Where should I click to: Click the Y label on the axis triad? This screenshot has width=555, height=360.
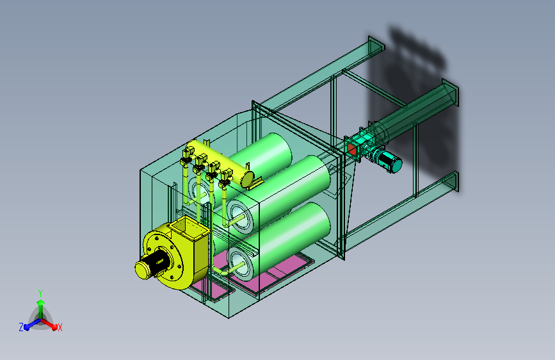[40, 293]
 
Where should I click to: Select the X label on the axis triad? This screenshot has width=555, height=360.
[60, 327]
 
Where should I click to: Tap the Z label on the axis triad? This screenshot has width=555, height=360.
[21, 327]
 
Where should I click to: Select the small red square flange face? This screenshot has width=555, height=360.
[351, 150]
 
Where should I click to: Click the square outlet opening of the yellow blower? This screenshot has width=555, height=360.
[188, 227]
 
